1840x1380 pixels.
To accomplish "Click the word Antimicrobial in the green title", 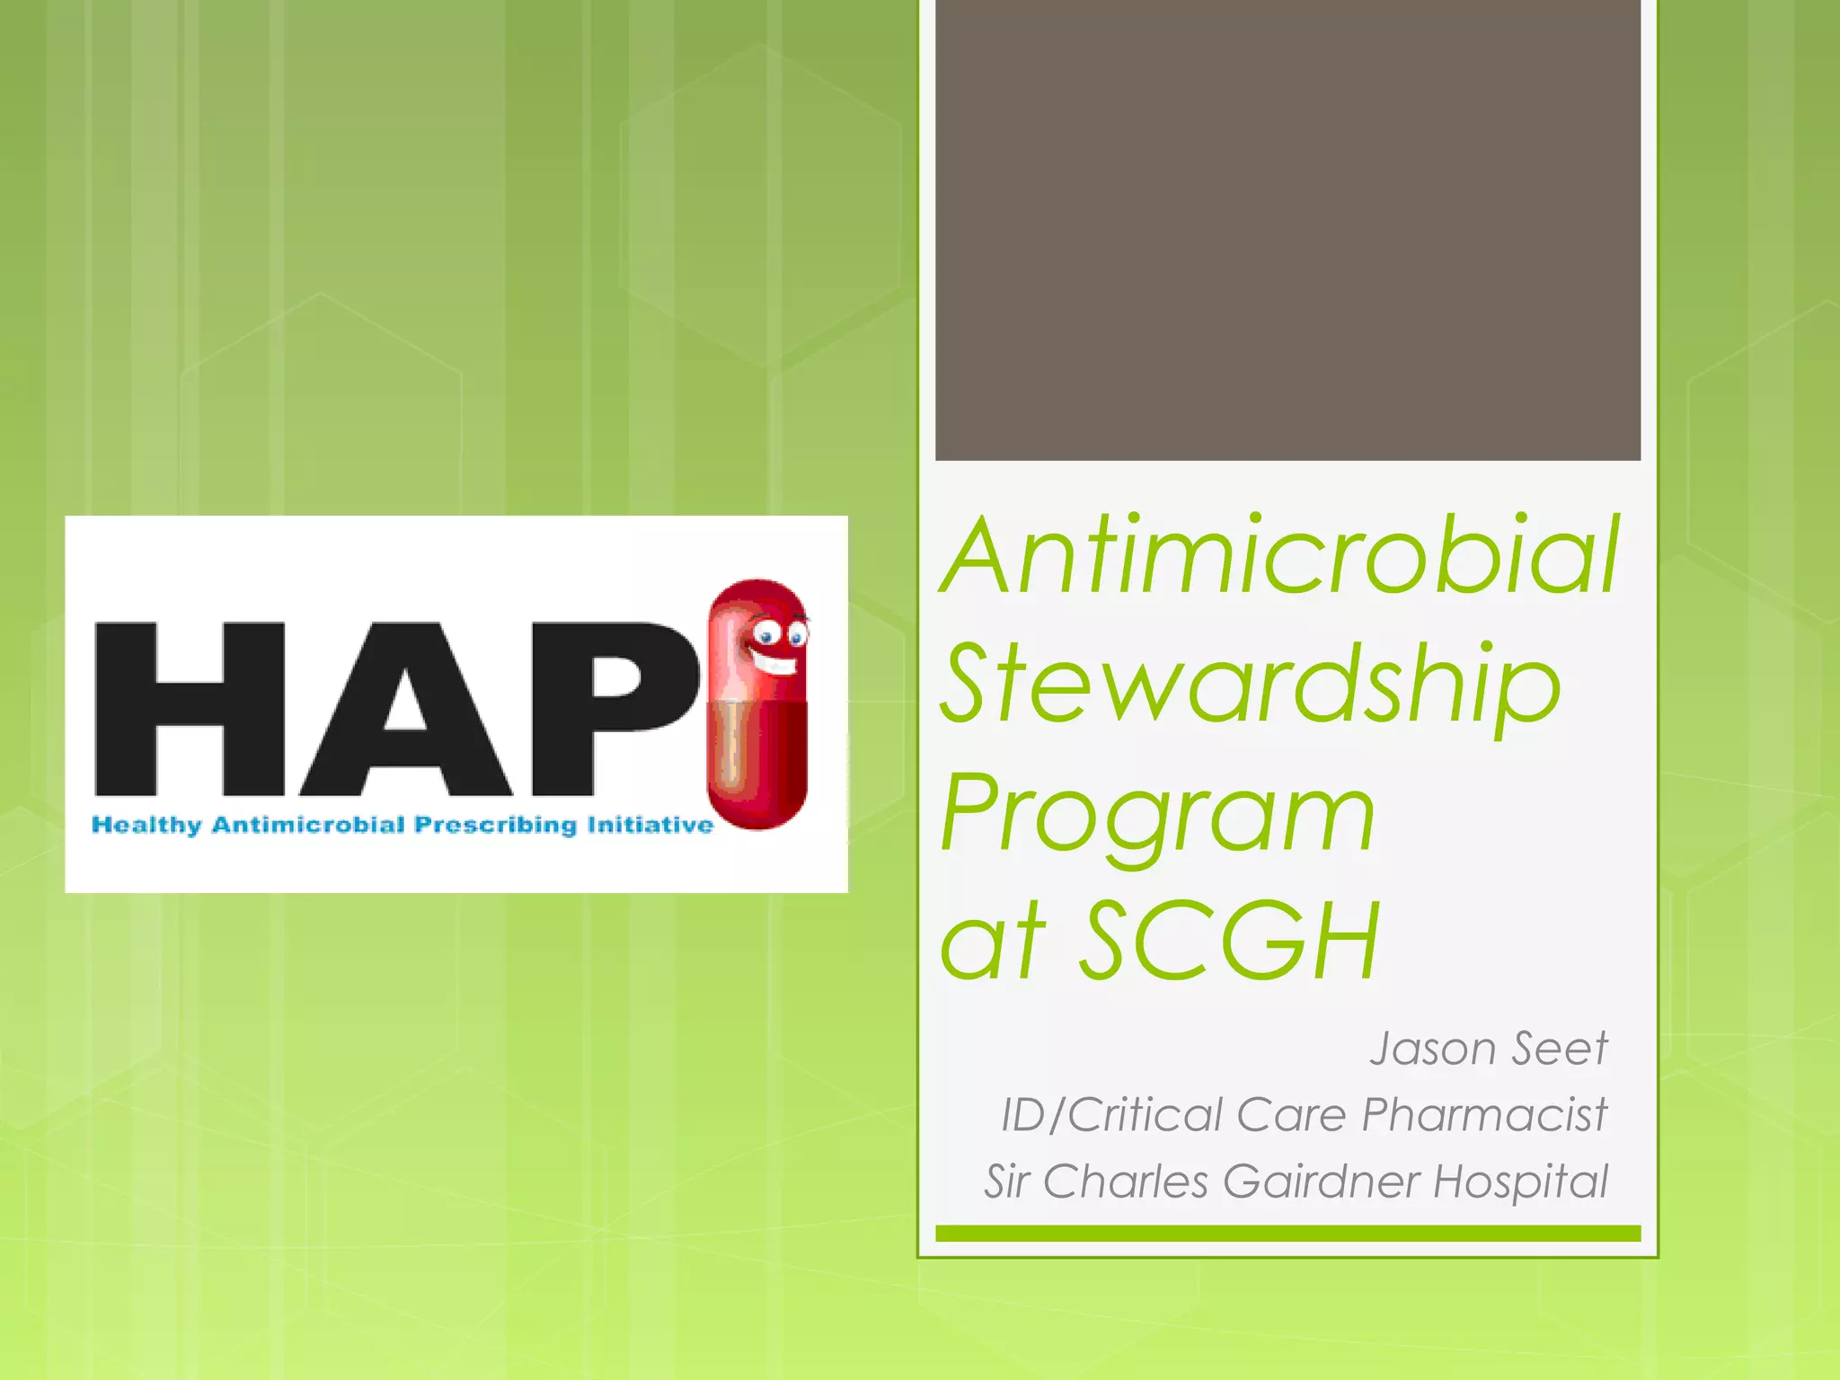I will point(1280,557).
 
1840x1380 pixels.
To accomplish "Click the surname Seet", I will point(1560,1048).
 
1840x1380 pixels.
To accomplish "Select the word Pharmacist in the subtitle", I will point(1483,1115).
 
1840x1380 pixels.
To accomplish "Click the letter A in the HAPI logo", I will point(406,710).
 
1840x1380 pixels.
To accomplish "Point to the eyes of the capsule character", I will point(780,636).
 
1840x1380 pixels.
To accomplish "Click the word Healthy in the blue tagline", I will point(146,825).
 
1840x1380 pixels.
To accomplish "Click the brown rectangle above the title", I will point(1287,229).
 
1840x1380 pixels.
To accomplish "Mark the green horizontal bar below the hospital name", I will point(1287,1234).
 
